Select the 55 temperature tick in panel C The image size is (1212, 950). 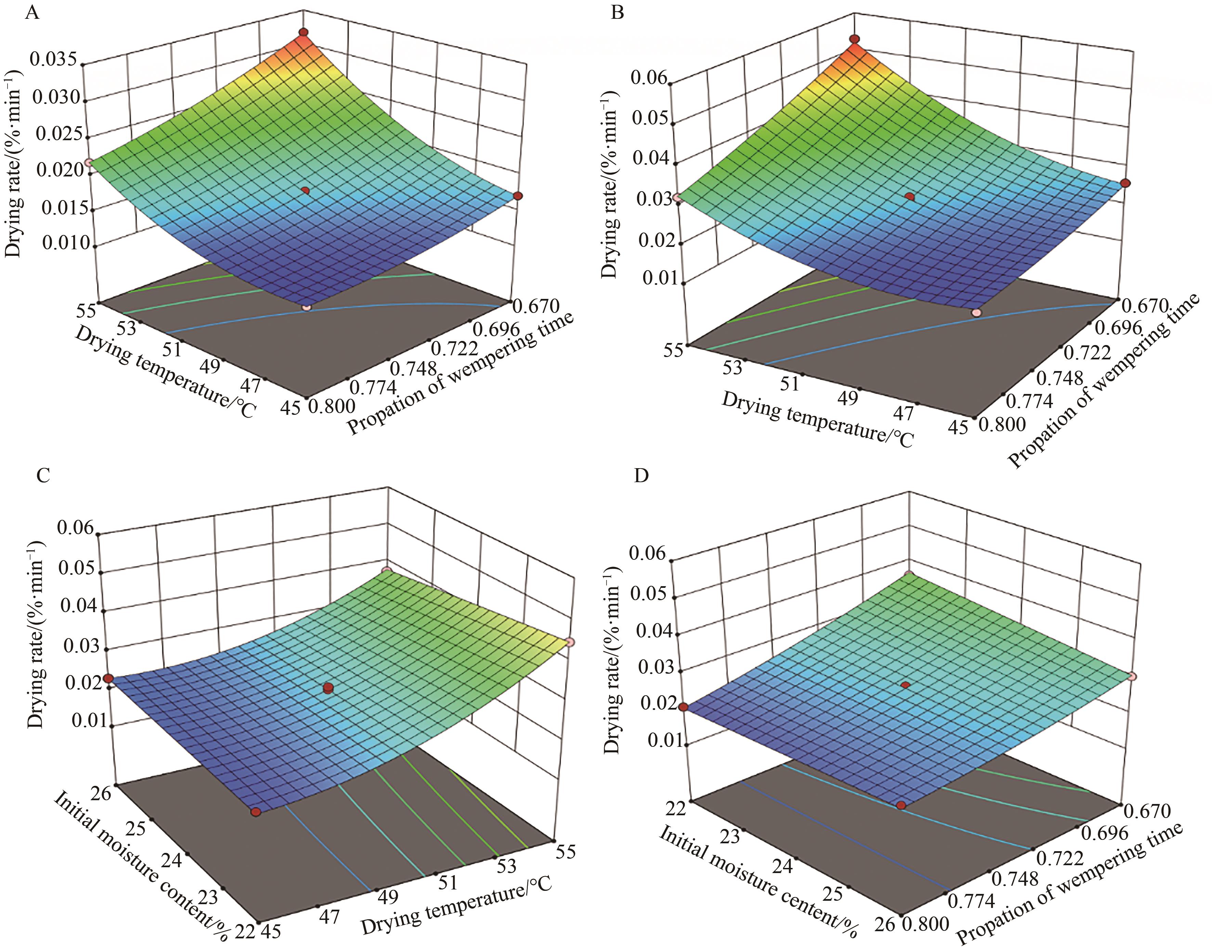click(x=565, y=852)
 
